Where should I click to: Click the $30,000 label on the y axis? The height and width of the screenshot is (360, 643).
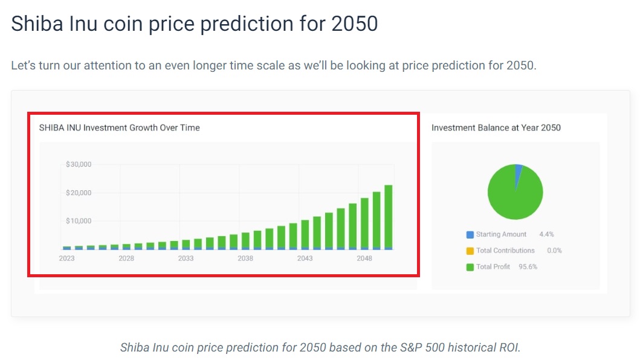pos(79,164)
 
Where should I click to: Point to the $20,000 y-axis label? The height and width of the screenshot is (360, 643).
pos(79,193)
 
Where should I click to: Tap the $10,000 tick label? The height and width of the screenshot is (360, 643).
pos(79,221)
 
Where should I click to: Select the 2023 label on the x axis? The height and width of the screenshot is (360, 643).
pos(66,259)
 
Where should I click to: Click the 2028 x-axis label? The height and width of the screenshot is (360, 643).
pos(126,259)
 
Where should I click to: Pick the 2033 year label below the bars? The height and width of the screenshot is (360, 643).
pos(186,259)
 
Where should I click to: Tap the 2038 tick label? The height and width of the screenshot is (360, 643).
pos(245,259)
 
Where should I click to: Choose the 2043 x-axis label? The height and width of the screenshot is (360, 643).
pos(305,259)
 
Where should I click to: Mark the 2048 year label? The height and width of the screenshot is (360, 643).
pos(364,259)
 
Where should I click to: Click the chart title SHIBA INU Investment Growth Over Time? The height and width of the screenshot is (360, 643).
pos(119,128)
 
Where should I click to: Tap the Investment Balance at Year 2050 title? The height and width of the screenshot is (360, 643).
pos(496,128)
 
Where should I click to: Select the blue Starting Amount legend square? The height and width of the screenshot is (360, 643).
pos(470,234)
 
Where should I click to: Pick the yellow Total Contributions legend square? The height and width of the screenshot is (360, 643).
pos(470,251)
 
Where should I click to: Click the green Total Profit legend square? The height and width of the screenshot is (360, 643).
pos(470,267)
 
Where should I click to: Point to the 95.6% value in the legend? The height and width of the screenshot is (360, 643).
pos(528,267)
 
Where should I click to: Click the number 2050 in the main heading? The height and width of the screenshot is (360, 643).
pos(355,24)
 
